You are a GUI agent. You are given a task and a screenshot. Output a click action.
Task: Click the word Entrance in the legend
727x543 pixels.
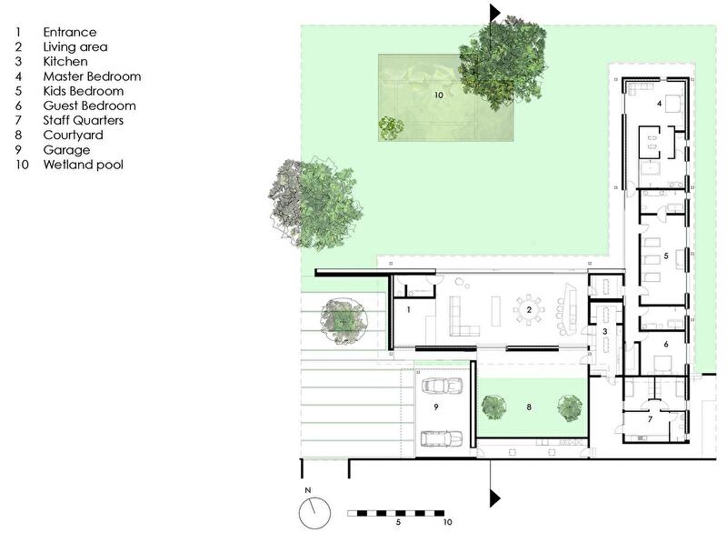coord(70,32)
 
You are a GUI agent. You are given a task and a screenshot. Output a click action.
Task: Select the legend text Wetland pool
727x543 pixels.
coord(84,165)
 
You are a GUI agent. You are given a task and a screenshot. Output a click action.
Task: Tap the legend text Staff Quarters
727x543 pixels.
coord(84,121)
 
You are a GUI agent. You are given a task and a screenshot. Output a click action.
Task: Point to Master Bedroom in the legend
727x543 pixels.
coord(92,76)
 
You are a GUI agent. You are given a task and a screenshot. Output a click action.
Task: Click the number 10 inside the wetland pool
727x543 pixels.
coord(439,96)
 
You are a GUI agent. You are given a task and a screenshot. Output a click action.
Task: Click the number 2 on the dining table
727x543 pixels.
coord(529,309)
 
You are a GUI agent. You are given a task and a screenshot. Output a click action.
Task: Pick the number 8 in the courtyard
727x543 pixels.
coord(529,407)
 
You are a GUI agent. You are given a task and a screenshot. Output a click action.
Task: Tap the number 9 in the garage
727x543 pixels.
coord(436,407)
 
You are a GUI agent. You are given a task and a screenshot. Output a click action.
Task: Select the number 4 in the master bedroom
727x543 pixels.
coord(660,104)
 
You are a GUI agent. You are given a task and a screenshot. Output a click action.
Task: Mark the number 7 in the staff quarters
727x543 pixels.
coord(650,419)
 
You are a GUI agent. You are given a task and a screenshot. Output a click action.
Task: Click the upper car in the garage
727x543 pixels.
coord(442,386)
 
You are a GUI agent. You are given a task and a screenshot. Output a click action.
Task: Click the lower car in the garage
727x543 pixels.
coord(442,438)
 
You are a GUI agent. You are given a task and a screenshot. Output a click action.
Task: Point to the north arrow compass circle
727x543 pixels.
coord(314,513)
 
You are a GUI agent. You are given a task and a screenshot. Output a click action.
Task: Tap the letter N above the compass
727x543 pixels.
coord(308,490)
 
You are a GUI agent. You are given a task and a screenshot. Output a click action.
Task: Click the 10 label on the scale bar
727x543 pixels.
coord(447,522)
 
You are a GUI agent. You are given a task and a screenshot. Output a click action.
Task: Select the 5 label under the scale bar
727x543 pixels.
coord(398,522)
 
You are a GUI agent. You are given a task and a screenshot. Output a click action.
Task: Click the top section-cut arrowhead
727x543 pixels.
coord(495,13)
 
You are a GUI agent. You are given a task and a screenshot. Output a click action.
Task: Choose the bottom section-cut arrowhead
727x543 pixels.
coord(495,498)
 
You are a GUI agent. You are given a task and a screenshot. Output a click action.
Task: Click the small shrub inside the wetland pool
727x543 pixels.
coord(392,127)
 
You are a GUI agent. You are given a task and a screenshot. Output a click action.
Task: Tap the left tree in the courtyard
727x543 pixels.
coord(493,407)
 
